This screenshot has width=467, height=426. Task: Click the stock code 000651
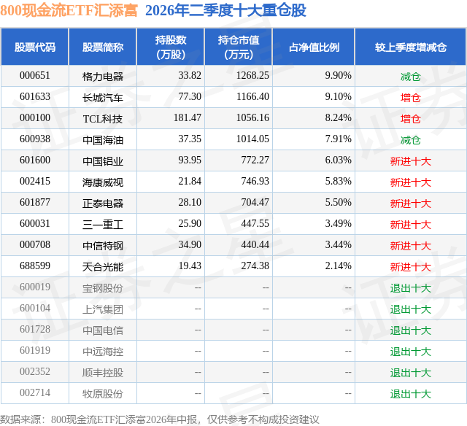(x=35, y=76)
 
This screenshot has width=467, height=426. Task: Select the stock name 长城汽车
(x=103, y=98)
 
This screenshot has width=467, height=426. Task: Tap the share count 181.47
(x=188, y=118)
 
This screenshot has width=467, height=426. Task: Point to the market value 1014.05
(x=252, y=139)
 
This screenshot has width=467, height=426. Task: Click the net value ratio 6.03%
(x=338, y=160)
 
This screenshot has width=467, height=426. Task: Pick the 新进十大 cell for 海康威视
(x=411, y=182)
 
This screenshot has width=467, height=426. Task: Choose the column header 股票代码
(x=35, y=47)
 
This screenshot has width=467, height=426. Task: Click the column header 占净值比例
(x=314, y=47)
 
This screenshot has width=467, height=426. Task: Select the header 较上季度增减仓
(x=411, y=47)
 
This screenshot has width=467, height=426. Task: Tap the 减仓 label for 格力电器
(x=411, y=77)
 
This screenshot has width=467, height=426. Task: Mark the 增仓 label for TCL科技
(x=411, y=119)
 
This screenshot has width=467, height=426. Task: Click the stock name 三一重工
(x=103, y=225)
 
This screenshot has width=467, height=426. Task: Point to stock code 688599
(x=35, y=266)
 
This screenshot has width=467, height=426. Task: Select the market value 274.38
(x=255, y=266)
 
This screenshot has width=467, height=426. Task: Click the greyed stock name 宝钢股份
(x=103, y=288)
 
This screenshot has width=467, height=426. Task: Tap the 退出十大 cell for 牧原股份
(x=411, y=394)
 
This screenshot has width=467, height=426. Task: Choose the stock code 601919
(x=35, y=350)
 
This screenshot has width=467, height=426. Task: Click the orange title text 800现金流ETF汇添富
(x=69, y=10)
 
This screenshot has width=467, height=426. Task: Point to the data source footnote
(x=160, y=419)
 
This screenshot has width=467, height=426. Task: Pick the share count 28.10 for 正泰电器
(x=190, y=203)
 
